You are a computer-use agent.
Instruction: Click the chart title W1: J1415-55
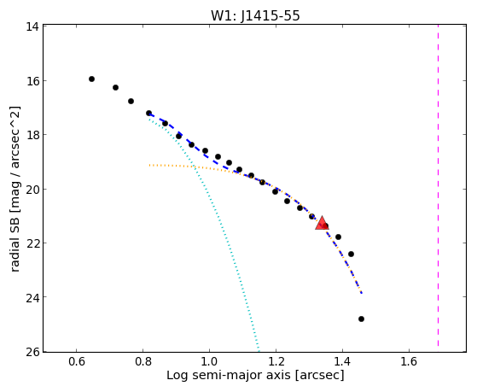255,15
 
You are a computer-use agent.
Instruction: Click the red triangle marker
322,223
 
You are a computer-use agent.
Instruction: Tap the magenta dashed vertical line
438,185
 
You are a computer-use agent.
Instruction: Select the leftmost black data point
91,79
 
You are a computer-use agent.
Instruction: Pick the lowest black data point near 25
362,319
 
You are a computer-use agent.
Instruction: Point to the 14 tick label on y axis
32,26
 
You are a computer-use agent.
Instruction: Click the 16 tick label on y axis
32,81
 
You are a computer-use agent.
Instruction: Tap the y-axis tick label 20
32,189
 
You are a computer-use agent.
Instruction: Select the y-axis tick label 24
32,297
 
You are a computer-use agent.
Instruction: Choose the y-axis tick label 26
32,352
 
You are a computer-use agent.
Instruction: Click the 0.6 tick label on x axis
77,361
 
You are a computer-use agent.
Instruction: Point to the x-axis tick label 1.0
210,361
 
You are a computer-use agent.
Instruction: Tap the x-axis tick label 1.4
342,361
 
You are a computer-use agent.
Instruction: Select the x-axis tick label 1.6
409,361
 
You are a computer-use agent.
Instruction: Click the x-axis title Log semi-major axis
229,375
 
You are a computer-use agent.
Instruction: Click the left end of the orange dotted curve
149,165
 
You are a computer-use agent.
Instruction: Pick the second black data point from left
115,88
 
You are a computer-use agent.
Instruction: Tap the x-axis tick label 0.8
143,361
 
